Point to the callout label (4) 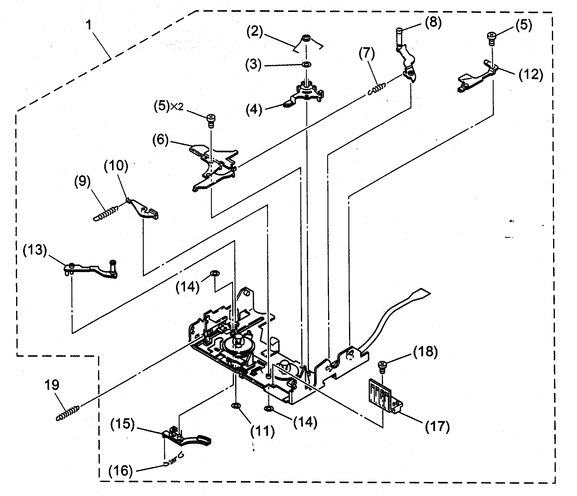[x=254, y=109]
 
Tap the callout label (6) [x=161, y=140]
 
